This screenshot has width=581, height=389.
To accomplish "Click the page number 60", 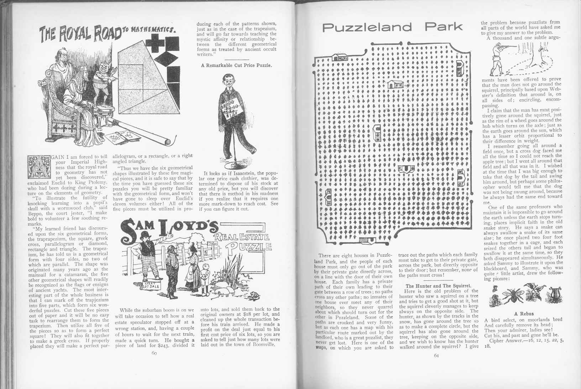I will click(154, 353).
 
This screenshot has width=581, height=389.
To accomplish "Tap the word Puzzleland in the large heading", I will click(367, 27).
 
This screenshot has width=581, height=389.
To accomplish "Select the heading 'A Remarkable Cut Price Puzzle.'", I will click(236, 65).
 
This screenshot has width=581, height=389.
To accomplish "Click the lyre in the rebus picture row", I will click(552, 293).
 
